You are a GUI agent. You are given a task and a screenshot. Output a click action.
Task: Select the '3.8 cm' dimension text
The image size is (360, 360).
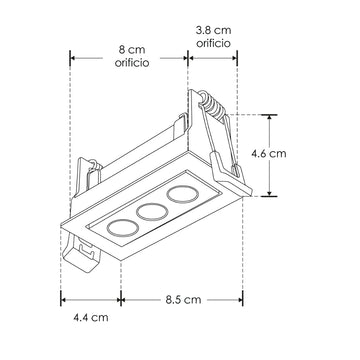216,30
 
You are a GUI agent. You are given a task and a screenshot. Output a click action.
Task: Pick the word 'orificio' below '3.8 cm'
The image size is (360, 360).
216,45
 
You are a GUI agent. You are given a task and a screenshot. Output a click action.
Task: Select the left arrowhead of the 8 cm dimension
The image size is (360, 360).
73,56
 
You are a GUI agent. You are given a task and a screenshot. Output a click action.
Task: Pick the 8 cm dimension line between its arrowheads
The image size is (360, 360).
100,56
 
